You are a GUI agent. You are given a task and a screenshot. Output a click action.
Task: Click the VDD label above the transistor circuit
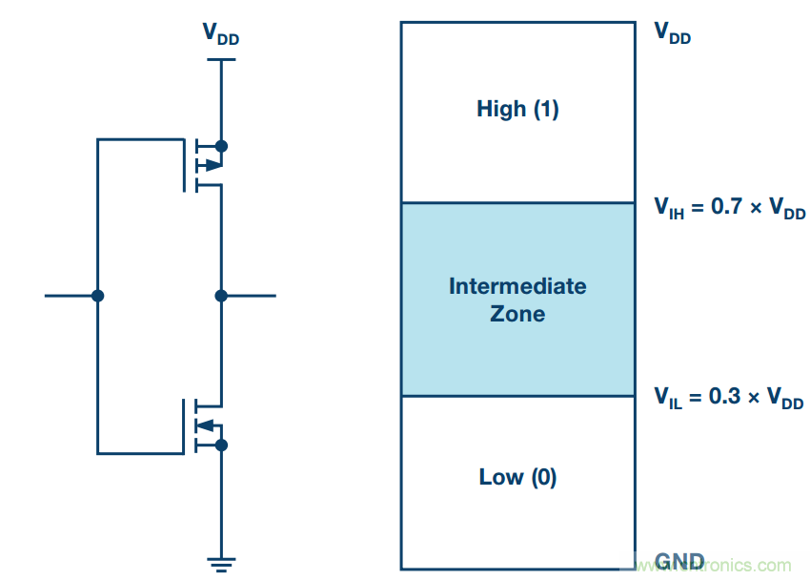[x=220, y=33]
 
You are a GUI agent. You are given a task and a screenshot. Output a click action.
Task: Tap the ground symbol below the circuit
[x=221, y=562]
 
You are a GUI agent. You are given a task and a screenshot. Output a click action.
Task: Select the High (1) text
[x=517, y=110]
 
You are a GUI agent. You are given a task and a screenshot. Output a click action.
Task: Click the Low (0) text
[x=517, y=477]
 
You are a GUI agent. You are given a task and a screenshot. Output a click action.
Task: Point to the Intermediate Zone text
[x=517, y=300]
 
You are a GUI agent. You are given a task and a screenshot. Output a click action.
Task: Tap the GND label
[x=678, y=561]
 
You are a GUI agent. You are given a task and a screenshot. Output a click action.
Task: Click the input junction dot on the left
[x=97, y=296]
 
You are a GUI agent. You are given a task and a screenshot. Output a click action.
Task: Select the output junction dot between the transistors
[x=221, y=296]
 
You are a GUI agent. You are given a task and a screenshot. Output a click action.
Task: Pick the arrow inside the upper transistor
[x=212, y=164]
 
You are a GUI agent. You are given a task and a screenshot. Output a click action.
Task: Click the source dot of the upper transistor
[x=221, y=146]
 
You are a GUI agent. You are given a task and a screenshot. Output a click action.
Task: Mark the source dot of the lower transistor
[x=221, y=445]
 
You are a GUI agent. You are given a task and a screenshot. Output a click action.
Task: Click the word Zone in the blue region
[x=517, y=314]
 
